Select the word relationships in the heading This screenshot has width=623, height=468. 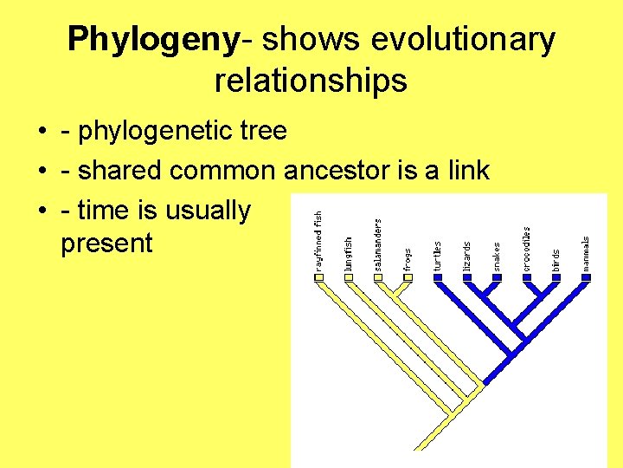click(311, 80)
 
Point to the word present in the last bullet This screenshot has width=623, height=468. click(106, 244)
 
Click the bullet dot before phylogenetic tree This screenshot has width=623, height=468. click(42, 132)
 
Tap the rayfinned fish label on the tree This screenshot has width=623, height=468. click(318, 239)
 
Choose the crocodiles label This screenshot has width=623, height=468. click(526, 249)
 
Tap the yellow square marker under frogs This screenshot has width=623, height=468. click(408, 278)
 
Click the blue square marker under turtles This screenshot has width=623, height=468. click(438, 278)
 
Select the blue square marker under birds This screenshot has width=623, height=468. click(556, 278)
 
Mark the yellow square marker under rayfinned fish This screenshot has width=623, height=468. click(318, 278)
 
